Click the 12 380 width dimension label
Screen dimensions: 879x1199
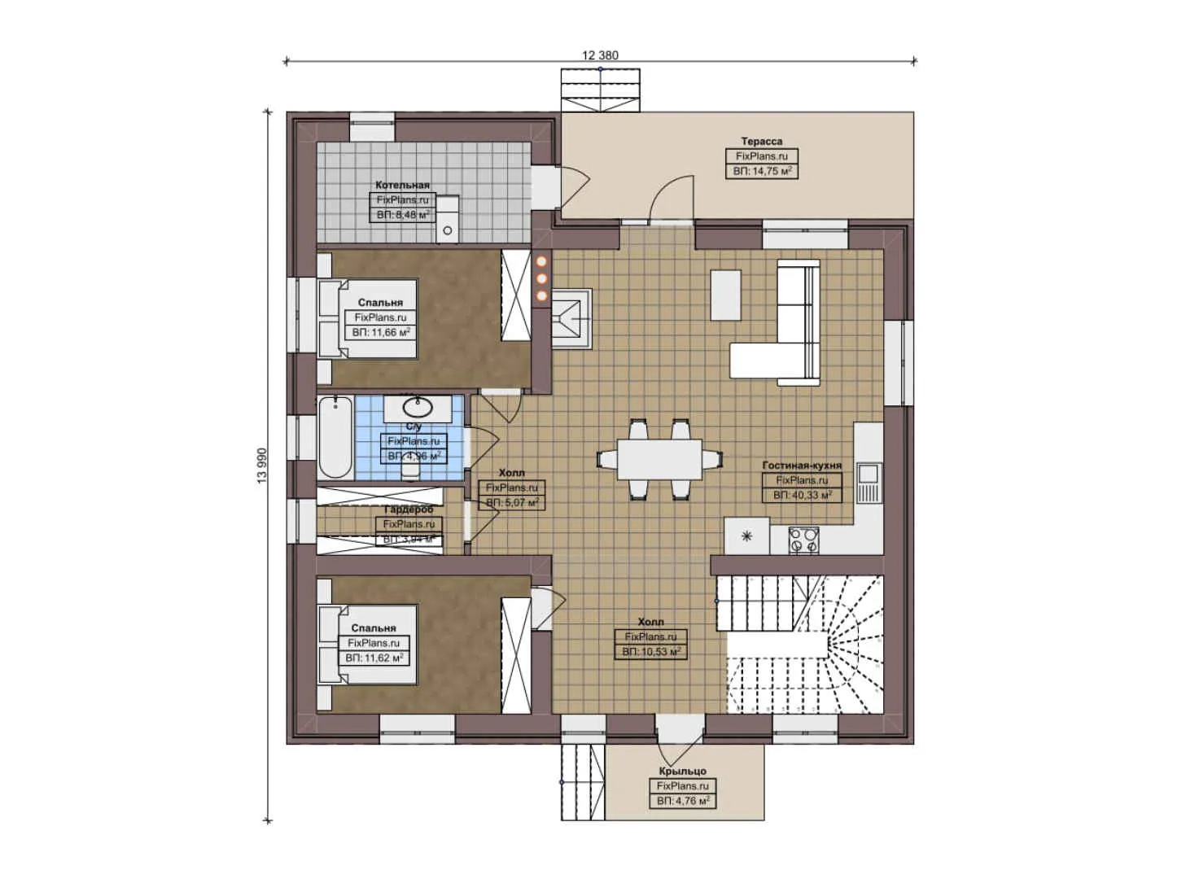(x=600, y=55)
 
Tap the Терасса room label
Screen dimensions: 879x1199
(x=761, y=142)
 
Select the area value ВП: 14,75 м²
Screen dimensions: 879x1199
(x=762, y=171)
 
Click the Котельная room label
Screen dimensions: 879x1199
(x=402, y=185)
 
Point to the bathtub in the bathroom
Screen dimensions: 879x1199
(x=335, y=437)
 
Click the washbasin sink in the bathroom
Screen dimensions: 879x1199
(x=418, y=405)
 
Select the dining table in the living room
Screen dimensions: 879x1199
(x=659, y=459)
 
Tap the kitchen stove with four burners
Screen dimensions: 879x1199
(x=803, y=540)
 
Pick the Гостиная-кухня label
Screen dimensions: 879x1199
(x=802, y=466)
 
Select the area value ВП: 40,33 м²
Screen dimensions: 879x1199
(x=802, y=495)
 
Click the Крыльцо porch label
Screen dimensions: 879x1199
(x=682, y=771)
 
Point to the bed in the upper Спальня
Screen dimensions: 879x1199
(x=366, y=318)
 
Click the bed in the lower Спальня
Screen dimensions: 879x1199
(x=366, y=644)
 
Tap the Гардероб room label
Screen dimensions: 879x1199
(x=409, y=509)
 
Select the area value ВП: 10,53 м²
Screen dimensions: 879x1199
(x=650, y=651)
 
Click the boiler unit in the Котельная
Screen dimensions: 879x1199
(x=448, y=220)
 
